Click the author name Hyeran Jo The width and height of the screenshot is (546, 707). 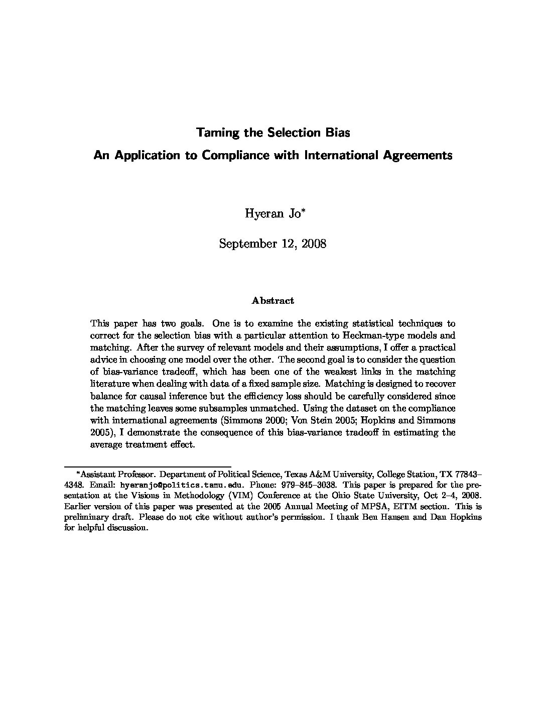pos(270,213)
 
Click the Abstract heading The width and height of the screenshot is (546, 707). pos(272,301)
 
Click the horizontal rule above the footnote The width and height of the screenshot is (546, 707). pos(148,466)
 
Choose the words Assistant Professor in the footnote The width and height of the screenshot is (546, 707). pos(117,474)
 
